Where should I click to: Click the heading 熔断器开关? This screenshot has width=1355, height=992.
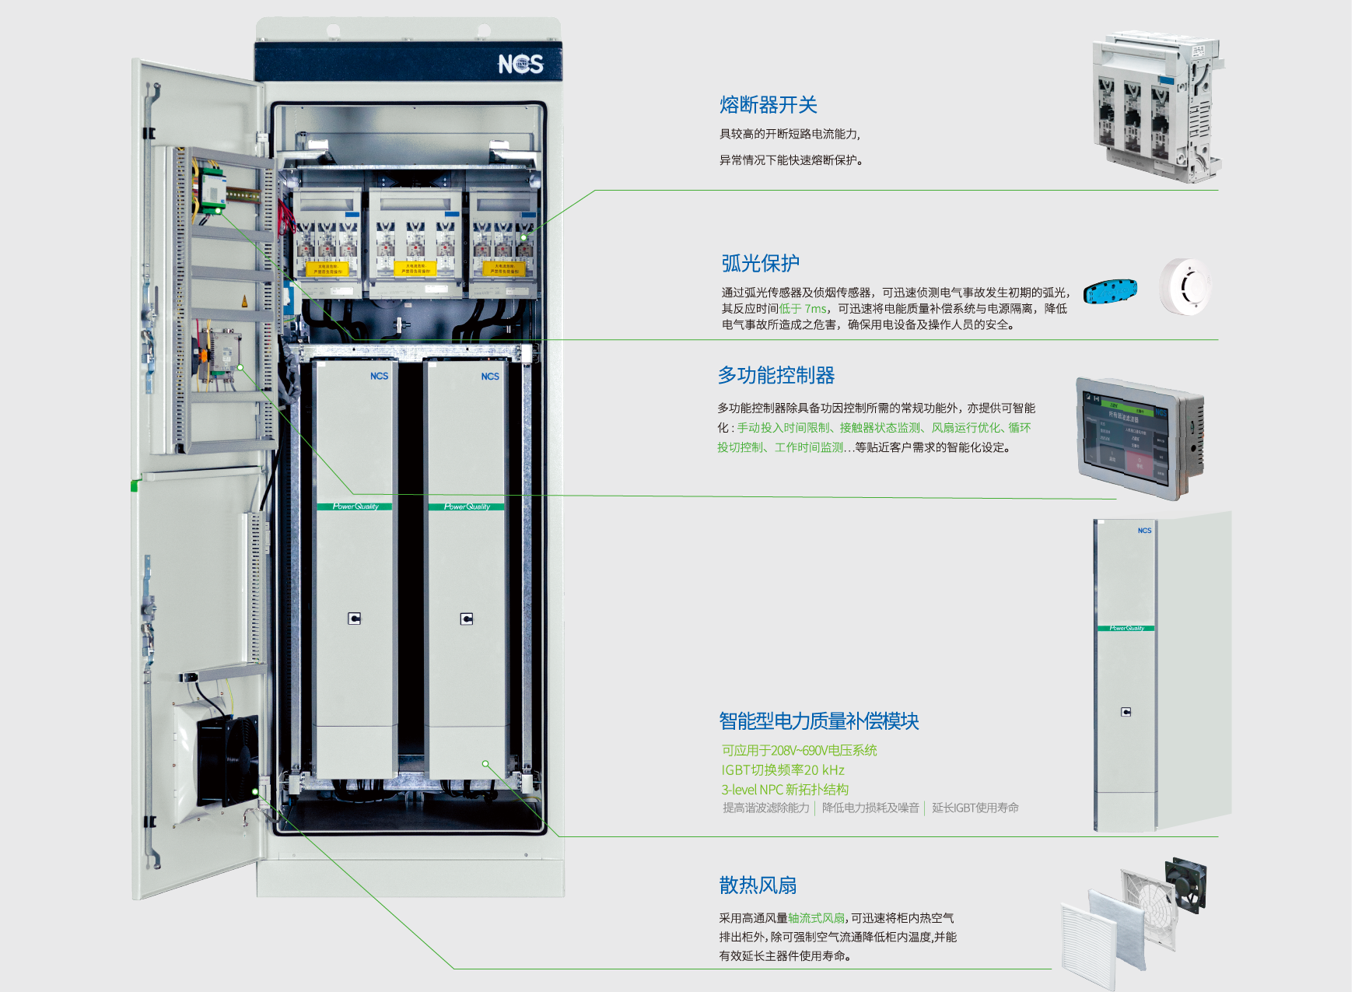[x=768, y=105]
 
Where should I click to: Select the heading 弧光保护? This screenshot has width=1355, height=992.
[x=760, y=264]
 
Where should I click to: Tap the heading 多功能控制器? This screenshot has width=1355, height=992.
[x=776, y=376]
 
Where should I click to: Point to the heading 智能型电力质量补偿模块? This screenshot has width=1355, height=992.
[x=818, y=721]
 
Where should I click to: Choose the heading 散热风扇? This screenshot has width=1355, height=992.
[x=758, y=885]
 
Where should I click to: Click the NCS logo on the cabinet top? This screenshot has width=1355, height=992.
[x=520, y=64]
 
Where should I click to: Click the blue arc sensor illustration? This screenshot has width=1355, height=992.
[x=1110, y=291]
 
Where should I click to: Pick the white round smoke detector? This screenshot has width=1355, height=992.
[x=1184, y=286]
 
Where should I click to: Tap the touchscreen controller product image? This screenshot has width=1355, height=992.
[x=1140, y=438]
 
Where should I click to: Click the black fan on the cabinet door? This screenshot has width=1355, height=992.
[x=226, y=760]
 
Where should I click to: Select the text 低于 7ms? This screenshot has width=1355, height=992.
[x=803, y=309]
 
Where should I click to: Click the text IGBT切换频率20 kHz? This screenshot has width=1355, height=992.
[x=783, y=770]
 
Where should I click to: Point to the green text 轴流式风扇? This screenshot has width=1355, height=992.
[x=816, y=918]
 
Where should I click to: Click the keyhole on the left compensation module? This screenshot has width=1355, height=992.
[x=355, y=619]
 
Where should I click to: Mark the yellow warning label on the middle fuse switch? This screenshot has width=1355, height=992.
[x=415, y=268]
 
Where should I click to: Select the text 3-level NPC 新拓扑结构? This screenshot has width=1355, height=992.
[x=785, y=790]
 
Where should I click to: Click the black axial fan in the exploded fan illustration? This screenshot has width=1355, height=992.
[x=1185, y=885]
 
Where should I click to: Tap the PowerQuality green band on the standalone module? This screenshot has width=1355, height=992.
[x=1126, y=628]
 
